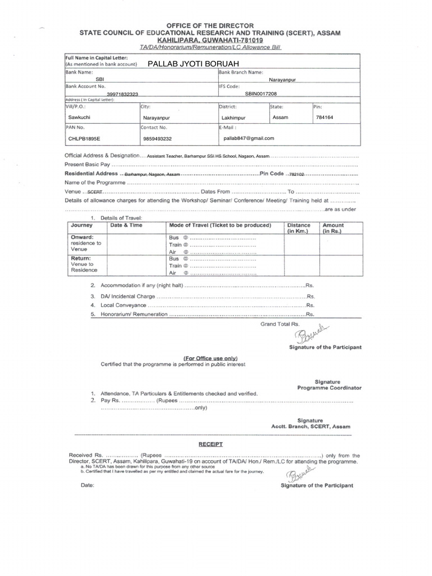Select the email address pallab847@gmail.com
point(249,138)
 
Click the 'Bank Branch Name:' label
point(240,73)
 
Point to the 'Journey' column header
point(82,225)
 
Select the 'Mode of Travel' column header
point(220,225)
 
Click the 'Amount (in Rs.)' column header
point(333,228)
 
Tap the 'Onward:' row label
point(82,237)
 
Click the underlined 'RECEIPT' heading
point(210,444)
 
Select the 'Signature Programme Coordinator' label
point(330,385)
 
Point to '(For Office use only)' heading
point(211,358)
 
